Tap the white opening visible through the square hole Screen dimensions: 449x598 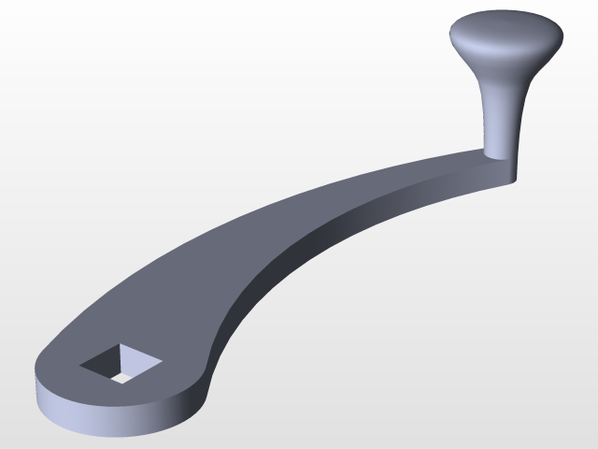[121, 375]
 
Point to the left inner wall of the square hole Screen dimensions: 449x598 [105, 360]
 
